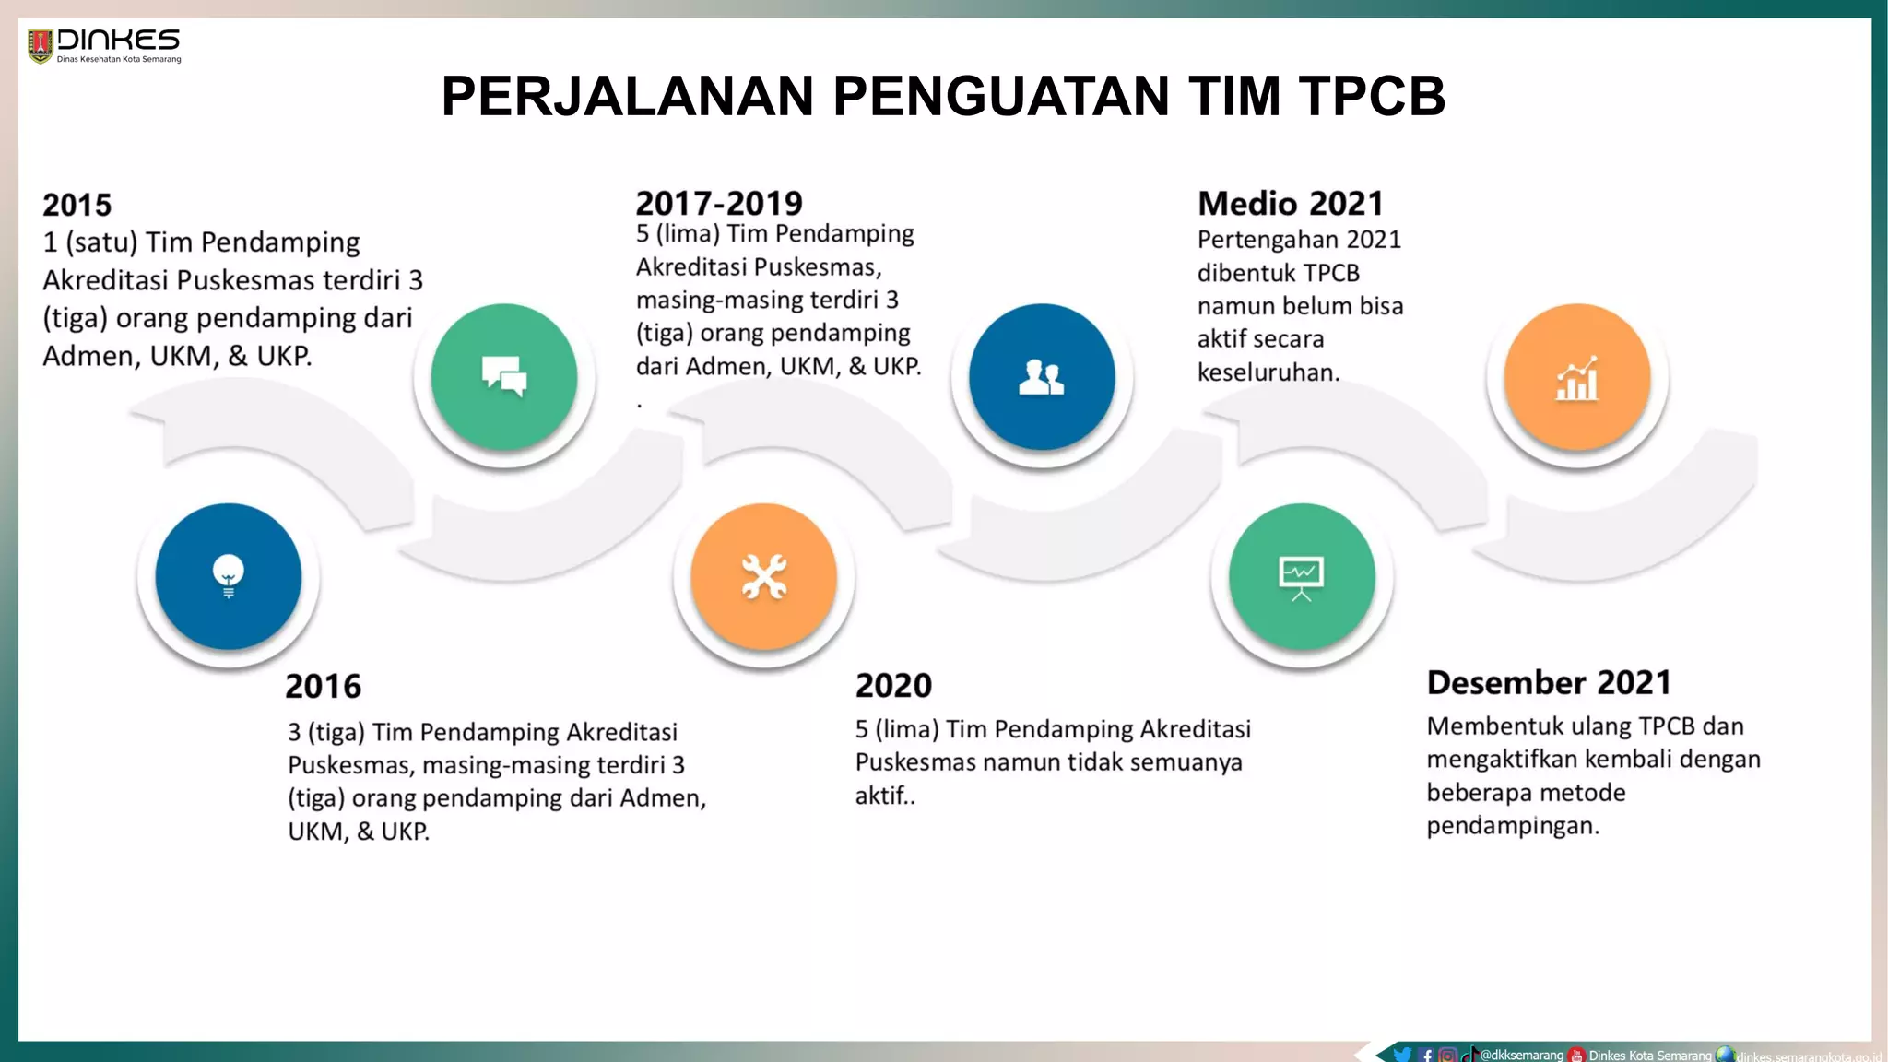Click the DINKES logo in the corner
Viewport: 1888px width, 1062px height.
pyautogui.click(x=103, y=45)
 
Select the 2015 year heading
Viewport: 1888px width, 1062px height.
pyautogui.click(x=77, y=205)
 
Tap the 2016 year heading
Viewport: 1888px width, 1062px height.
pyautogui.click(x=323, y=686)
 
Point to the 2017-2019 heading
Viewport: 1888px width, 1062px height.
pyautogui.click(x=719, y=203)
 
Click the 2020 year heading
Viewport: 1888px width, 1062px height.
pyautogui.click(x=893, y=685)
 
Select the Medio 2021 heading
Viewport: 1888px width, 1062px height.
pyautogui.click(x=1291, y=203)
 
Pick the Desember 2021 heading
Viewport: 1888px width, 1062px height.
pyautogui.click(x=1549, y=682)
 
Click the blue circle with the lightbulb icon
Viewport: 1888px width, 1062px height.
pyautogui.click(x=229, y=576)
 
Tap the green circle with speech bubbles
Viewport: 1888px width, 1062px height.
pyautogui.click(x=504, y=376)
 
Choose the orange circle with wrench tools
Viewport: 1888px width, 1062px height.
pyautogui.click(x=764, y=576)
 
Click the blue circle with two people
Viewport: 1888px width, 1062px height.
pyautogui.click(x=1042, y=376)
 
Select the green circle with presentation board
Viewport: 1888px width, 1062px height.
pyautogui.click(x=1302, y=576)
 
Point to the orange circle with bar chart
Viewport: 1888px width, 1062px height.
pyautogui.click(x=1577, y=376)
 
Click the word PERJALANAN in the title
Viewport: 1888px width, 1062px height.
pyautogui.click(x=628, y=96)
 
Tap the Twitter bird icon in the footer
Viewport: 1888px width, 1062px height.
pyautogui.click(x=1402, y=1055)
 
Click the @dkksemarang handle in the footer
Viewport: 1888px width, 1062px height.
pyautogui.click(x=1521, y=1055)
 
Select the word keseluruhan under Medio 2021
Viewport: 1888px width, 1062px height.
pyautogui.click(x=1268, y=372)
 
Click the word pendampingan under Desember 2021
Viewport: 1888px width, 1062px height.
pyautogui.click(x=1513, y=826)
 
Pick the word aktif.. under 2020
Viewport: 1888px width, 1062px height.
pyautogui.click(x=885, y=796)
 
